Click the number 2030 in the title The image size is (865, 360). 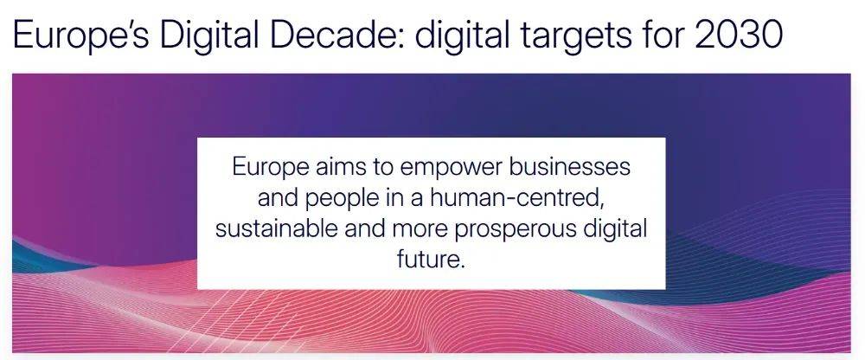pyautogui.click(x=739, y=35)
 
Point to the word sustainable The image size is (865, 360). pyautogui.click(x=277, y=228)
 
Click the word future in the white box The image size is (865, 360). pyautogui.click(x=429, y=259)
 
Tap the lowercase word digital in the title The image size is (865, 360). pyautogui.click(x=461, y=35)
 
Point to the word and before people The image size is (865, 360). pyautogui.click(x=278, y=197)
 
